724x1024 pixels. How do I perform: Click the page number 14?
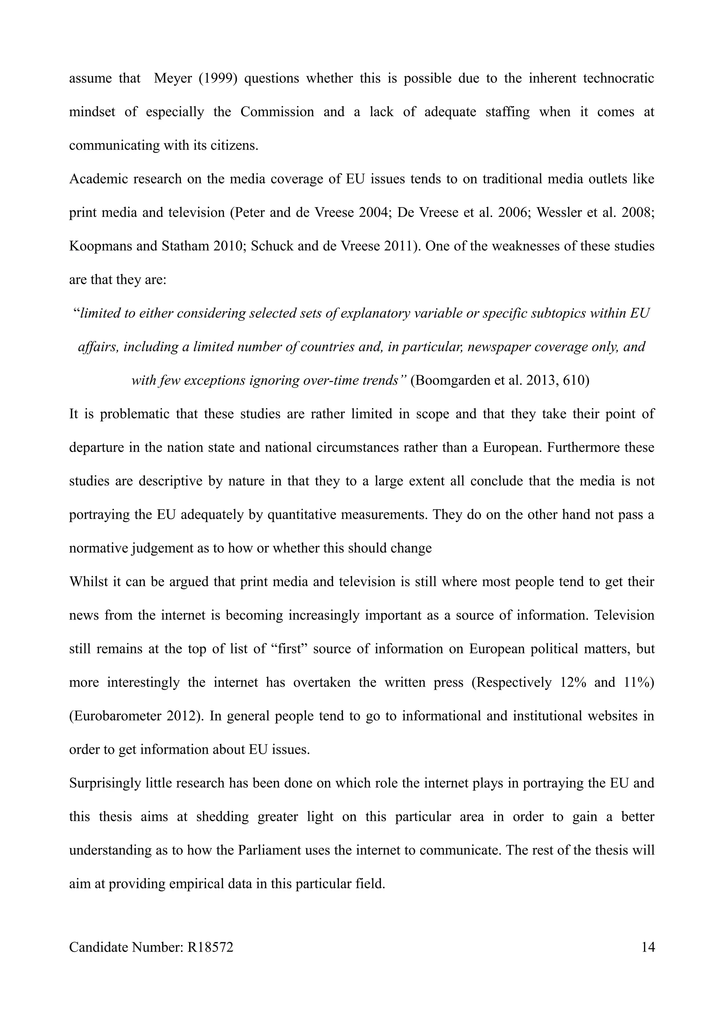(648, 959)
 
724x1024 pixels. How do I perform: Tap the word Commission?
(277, 112)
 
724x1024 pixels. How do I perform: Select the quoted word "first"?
(290, 648)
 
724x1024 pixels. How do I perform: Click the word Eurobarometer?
(117, 716)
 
